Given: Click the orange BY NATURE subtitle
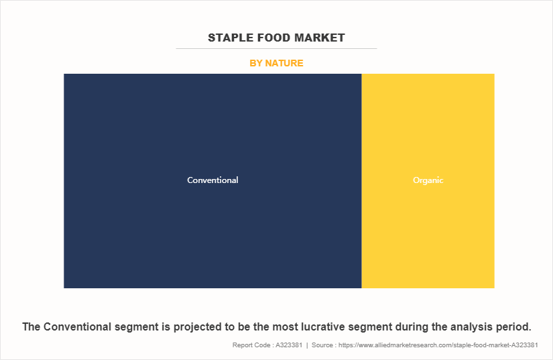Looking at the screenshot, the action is (276, 63).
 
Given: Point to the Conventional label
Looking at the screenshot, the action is (212, 180).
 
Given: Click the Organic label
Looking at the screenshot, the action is (428, 180).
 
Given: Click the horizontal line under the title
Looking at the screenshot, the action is (276, 49).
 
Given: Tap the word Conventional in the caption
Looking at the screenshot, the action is (78, 327).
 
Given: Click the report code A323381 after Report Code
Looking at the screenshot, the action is (289, 345).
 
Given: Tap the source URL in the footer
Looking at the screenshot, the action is (438, 345).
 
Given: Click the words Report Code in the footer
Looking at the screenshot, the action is (251, 345).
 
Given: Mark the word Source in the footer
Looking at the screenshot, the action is (322, 345).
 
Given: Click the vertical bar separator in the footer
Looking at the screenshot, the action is (307, 345).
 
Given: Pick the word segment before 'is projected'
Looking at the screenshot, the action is (137, 328).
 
